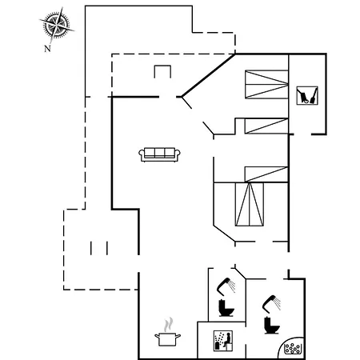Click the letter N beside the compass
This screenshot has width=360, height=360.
pyautogui.click(x=47, y=48)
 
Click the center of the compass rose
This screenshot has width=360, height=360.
pyautogui.click(x=56, y=26)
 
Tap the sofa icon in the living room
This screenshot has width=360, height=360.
pyautogui.click(x=159, y=154)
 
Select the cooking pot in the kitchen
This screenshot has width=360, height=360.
pyautogui.click(x=167, y=339)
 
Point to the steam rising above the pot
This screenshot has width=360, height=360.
pyautogui.click(x=168, y=324)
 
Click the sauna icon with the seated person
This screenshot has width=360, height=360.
pyautogui.click(x=223, y=341)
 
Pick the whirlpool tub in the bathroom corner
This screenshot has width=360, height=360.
pyautogui.click(x=292, y=348)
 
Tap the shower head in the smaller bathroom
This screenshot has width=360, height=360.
pyautogui.click(x=226, y=286)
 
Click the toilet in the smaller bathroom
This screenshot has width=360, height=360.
pyautogui.click(x=226, y=308)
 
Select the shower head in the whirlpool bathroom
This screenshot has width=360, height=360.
pyautogui.click(x=272, y=303)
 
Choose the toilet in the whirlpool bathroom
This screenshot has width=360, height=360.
pyautogui.click(x=272, y=325)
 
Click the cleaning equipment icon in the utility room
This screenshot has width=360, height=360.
pyautogui.click(x=307, y=95)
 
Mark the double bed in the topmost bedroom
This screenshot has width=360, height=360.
pyautogui.click(x=266, y=84)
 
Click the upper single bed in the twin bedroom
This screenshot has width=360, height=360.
pyautogui.click(x=266, y=126)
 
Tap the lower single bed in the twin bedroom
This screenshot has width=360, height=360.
pyautogui.click(x=266, y=174)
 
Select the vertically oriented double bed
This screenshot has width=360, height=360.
pyautogui.click(x=250, y=204)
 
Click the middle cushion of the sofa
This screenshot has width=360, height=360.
pyautogui.click(x=159, y=153)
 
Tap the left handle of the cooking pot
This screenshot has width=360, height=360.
pyautogui.click(x=157, y=336)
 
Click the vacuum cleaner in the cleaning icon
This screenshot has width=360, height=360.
pyautogui.click(x=302, y=96)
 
